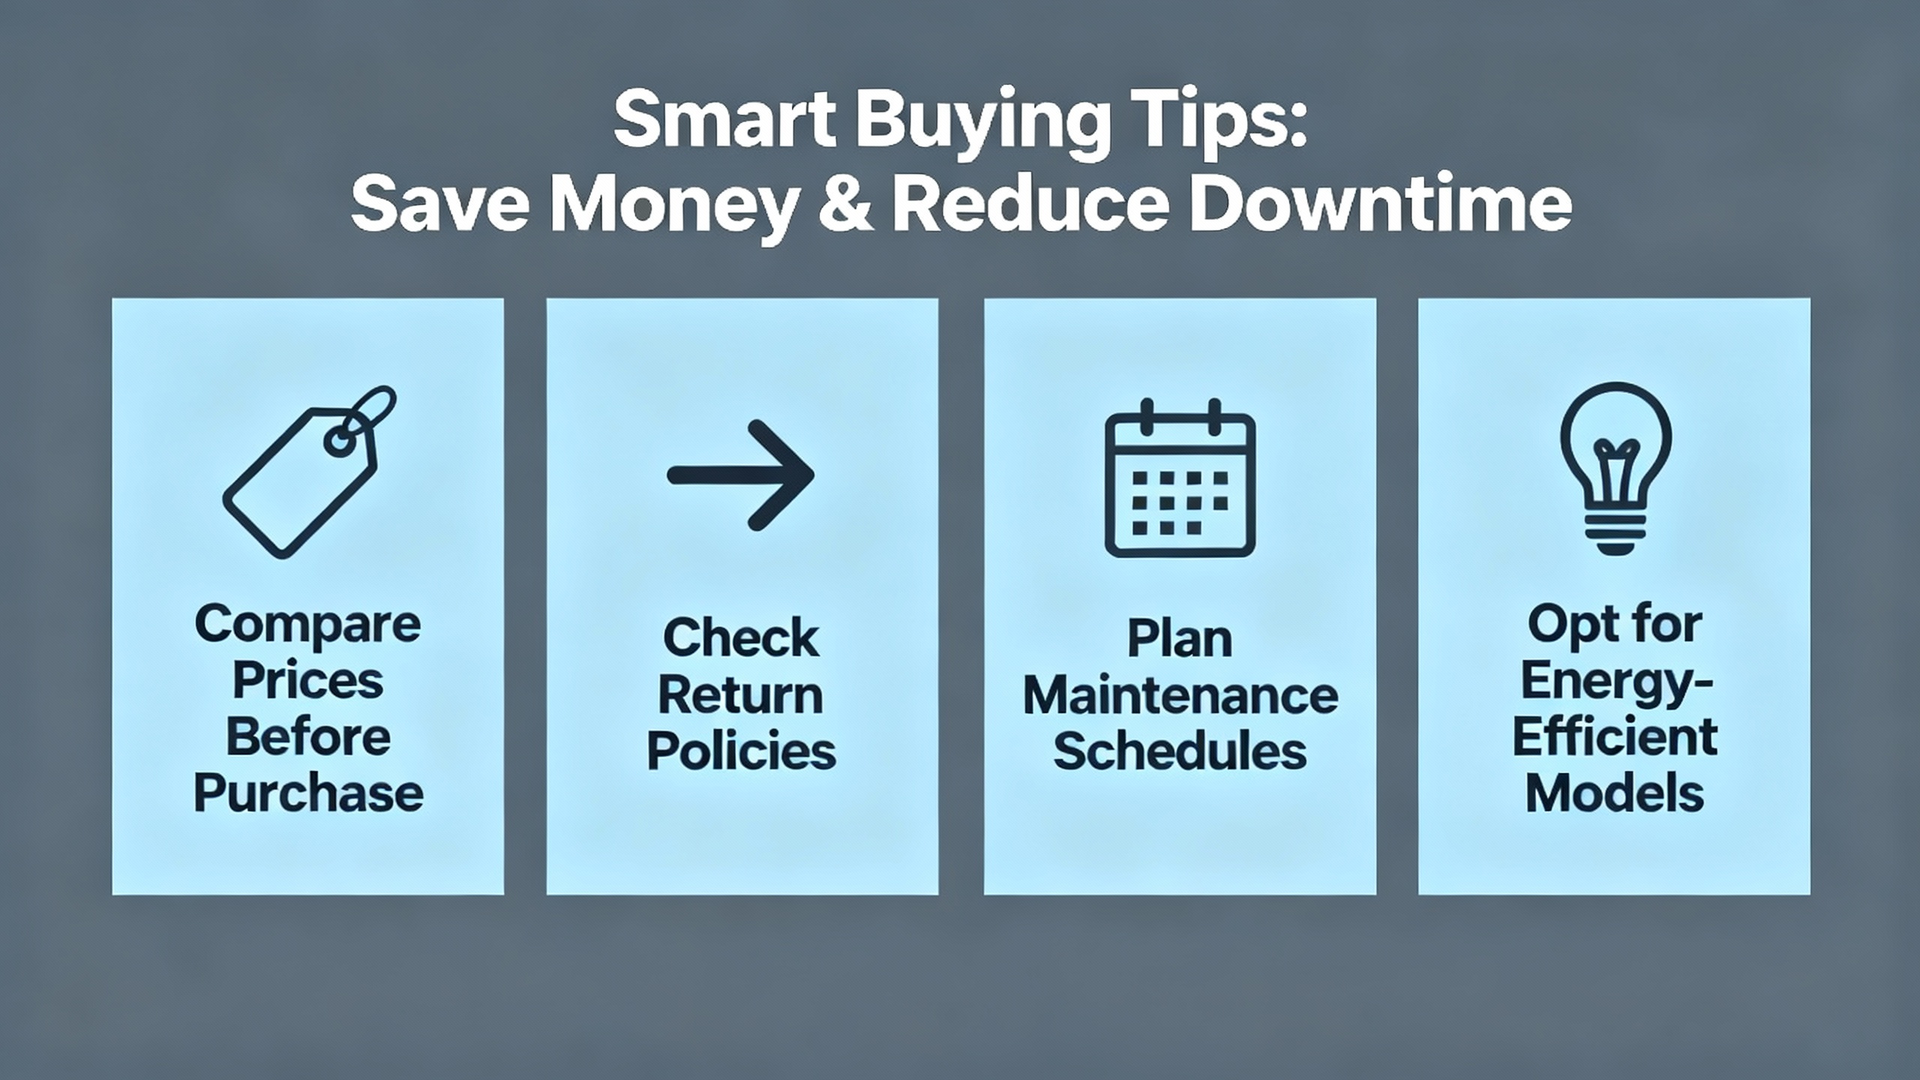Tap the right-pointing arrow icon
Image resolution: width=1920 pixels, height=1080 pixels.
point(741,475)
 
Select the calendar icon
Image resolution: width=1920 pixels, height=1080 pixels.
point(1180,478)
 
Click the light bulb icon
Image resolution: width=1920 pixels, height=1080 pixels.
point(1615,468)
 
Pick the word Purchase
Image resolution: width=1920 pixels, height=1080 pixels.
point(308,793)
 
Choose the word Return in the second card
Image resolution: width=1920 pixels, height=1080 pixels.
point(741,695)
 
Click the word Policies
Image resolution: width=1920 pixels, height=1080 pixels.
point(741,751)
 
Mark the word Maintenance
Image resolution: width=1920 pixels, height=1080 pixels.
point(1180,695)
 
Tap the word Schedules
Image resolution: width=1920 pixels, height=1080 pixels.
point(1180,751)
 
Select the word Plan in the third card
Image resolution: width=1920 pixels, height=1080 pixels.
point(1180,639)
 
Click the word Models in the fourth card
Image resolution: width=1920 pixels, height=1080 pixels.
point(1615,793)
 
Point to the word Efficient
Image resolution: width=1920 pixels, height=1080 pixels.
point(1615,736)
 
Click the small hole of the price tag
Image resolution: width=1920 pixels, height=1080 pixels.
point(338,442)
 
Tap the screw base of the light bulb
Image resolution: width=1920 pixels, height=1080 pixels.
point(1615,533)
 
